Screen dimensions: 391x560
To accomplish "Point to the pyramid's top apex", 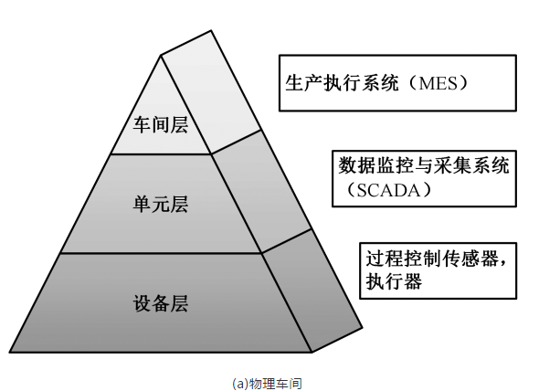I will (x=162, y=56).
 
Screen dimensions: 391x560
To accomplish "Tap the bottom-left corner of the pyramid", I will (x=12, y=351).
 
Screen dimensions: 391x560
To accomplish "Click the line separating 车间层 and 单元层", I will (x=161, y=153).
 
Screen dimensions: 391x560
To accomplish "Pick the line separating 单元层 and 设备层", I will (x=161, y=254).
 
